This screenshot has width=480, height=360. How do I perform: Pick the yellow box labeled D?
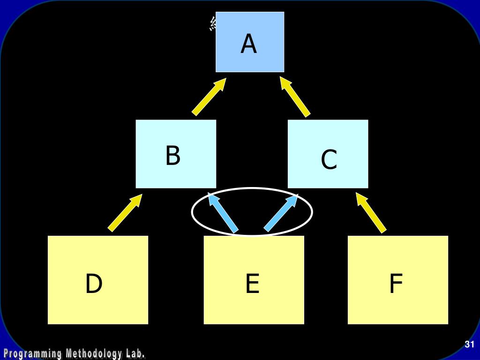click(98, 305)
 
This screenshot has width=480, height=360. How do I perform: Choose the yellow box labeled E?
click(254, 307)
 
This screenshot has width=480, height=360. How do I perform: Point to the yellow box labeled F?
click(397, 307)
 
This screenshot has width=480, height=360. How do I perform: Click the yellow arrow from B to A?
click(209, 97)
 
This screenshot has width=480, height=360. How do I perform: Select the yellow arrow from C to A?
click(295, 97)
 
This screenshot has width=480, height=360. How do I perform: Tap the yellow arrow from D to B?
click(125, 213)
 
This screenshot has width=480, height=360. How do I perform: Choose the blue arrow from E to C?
click(281, 213)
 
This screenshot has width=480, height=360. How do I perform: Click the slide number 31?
click(469, 345)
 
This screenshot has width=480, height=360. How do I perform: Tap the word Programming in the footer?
click(32, 353)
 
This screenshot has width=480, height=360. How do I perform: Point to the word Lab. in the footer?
click(135, 353)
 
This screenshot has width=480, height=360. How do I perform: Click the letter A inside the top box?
click(249, 44)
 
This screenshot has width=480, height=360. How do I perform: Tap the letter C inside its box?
click(329, 160)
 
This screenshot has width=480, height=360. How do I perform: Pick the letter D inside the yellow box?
click(94, 284)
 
